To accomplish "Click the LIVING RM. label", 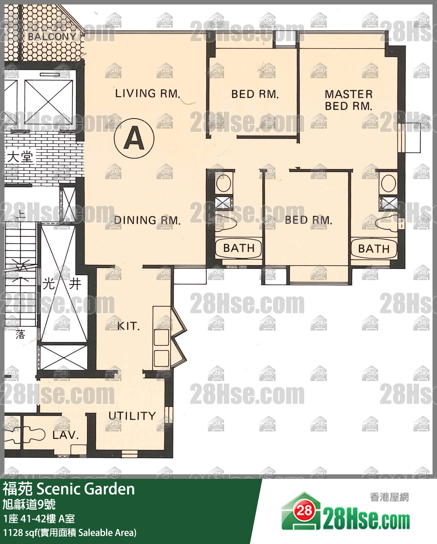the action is pos(148,93).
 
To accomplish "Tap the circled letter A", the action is pos(134,138).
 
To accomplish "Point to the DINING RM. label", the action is pos(147,220).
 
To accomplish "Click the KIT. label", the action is pos(128,326).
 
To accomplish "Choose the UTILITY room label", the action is pos(132,416).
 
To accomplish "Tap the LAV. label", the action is pos(65,435).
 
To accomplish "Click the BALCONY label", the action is pos(52,37).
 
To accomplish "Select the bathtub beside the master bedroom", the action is pos(374,249).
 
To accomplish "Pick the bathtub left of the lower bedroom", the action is pos(239,248).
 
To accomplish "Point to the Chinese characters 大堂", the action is pos(20,157).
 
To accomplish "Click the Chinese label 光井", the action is pos(62,284).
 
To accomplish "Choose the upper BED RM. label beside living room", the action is pos(255,94).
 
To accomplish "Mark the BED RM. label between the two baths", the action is pos(308,220).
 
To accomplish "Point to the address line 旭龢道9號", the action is pos(29,505).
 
